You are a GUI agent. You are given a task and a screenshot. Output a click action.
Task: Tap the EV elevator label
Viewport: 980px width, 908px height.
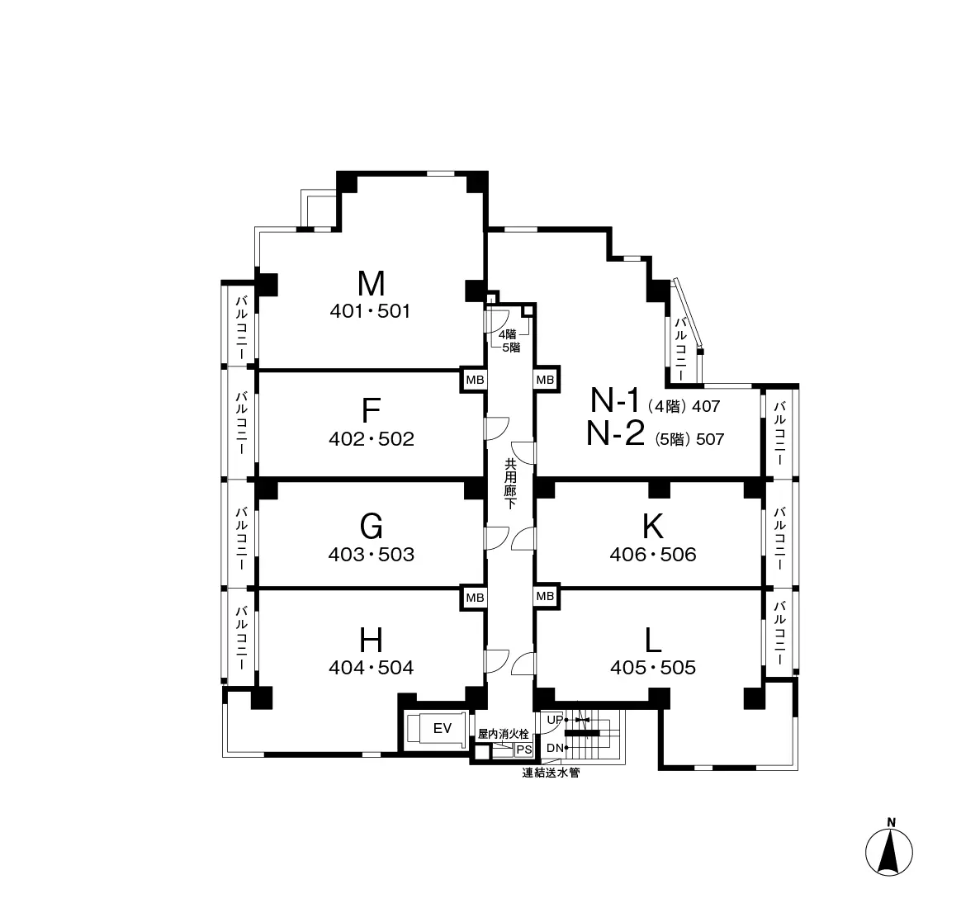click(x=442, y=728)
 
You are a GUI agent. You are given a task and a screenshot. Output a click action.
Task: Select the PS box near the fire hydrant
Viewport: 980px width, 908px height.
click(x=523, y=750)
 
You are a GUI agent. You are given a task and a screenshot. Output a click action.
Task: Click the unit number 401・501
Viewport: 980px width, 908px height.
click(x=370, y=311)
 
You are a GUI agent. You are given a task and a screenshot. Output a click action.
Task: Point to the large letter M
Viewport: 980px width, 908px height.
click(x=371, y=283)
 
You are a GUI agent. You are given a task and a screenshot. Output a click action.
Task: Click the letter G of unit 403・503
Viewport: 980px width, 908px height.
click(x=372, y=526)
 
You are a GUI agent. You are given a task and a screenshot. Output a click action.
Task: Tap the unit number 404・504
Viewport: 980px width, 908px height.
click(x=372, y=668)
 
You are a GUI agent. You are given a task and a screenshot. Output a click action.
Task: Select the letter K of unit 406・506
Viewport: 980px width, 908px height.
click(x=652, y=526)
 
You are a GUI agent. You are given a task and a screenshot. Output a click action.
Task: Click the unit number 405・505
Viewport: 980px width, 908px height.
click(x=653, y=668)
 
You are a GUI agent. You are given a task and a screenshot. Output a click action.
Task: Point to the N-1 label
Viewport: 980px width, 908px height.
click(x=616, y=400)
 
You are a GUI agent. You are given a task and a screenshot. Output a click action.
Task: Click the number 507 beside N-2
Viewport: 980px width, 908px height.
click(x=710, y=439)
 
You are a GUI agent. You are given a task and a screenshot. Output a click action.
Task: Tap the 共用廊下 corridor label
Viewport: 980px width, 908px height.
click(x=510, y=483)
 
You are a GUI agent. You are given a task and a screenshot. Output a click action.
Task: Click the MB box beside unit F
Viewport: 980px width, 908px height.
click(x=475, y=380)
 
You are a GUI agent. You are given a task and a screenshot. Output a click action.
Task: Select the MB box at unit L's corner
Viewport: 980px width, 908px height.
click(x=545, y=597)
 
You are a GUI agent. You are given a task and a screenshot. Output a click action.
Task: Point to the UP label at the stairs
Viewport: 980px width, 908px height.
click(x=554, y=720)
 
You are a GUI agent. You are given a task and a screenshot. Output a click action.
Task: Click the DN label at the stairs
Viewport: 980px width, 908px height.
click(x=555, y=748)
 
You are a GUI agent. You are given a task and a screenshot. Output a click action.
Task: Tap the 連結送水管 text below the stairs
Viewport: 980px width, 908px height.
click(x=552, y=773)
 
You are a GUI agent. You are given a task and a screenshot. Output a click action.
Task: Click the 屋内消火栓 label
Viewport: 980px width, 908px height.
click(x=503, y=735)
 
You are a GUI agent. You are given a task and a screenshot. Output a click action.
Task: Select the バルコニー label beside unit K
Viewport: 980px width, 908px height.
click(x=779, y=537)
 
